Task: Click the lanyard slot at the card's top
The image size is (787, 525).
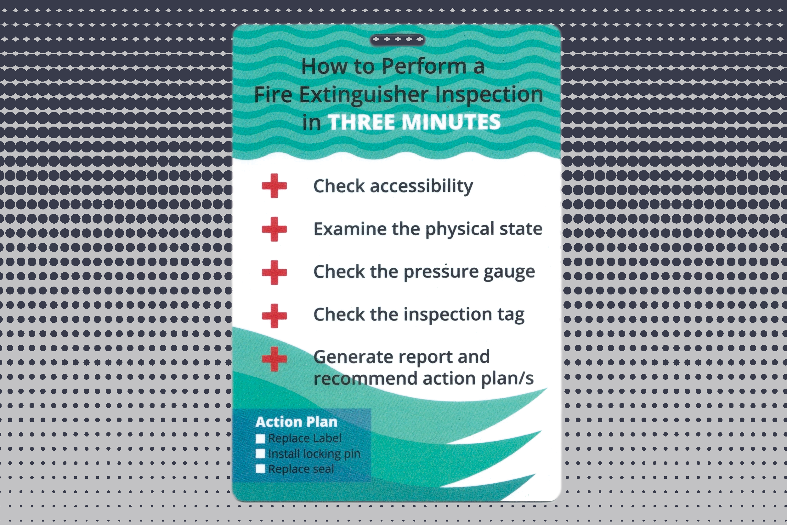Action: (x=397, y=40)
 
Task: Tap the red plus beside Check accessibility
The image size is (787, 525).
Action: (x=274, y=185)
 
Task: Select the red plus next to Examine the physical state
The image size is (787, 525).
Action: (x=274, y=229)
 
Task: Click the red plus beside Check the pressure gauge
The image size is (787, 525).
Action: (x=274, y=272)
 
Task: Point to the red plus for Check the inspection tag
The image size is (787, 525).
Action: (x=274, y=315)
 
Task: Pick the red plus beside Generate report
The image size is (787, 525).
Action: (x=274, y=359)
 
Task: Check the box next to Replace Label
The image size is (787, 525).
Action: (x=260, y=439)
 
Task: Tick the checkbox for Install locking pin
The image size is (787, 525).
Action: (x=260, y=454)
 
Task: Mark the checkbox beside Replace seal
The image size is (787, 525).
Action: (x=260, y=469)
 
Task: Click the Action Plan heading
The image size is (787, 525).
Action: (x=296, y=422)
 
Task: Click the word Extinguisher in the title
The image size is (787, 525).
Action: (x=363, y=95)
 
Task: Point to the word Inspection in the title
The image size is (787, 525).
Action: (x=489, y=95)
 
